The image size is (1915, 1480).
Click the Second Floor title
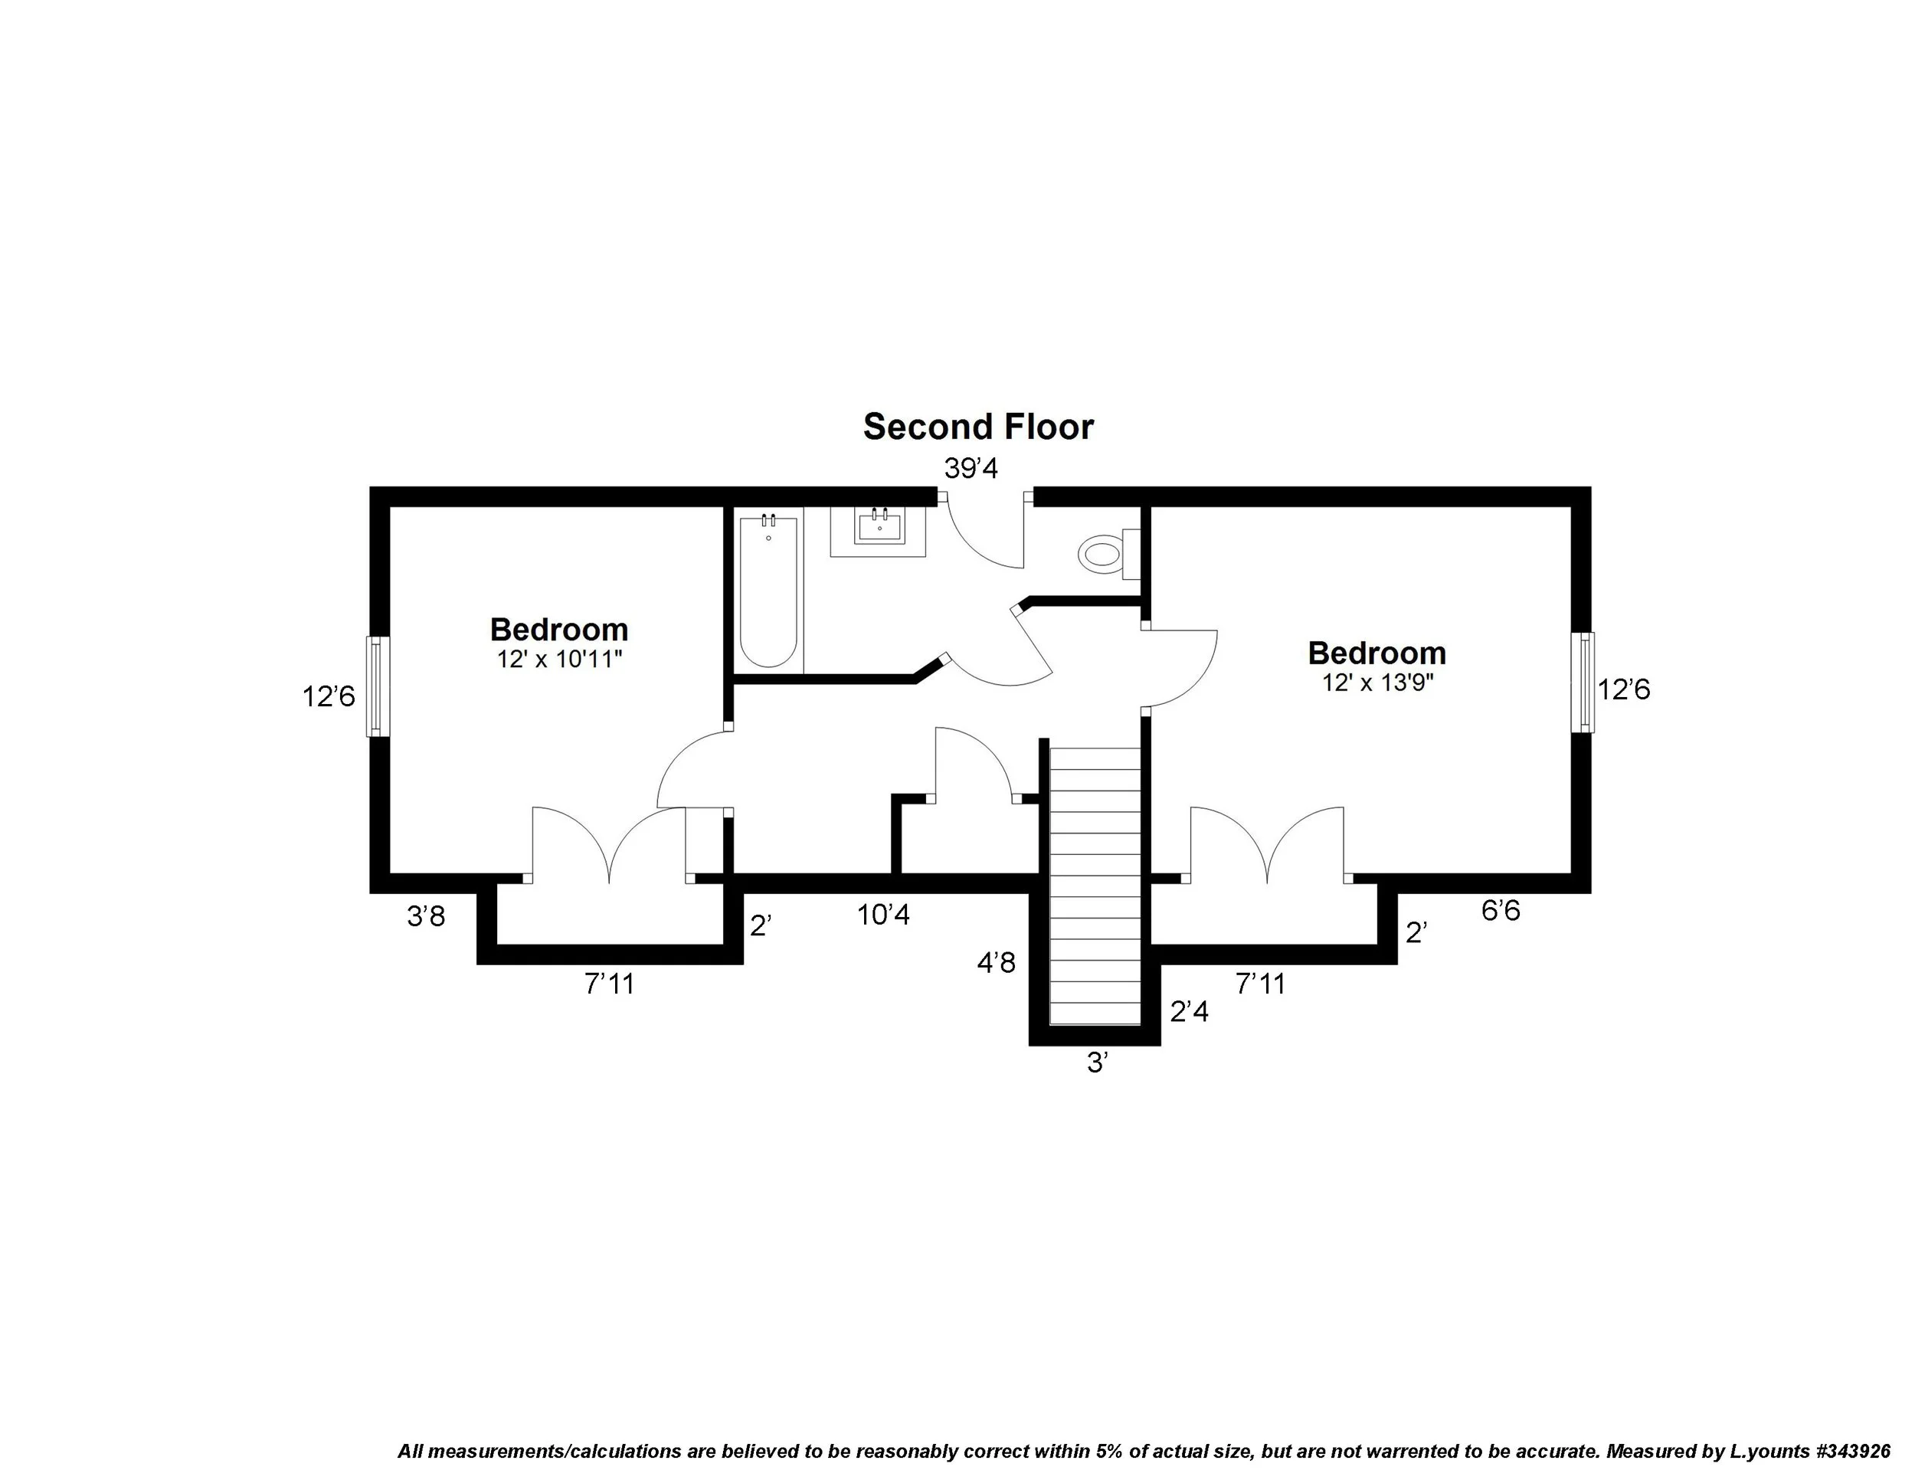pos(977,427)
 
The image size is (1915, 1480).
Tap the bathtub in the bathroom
pos(769,592)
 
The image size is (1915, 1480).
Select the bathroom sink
pos(879,528)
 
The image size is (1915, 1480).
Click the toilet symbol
pos(1102,554)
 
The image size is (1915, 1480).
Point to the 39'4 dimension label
pos(971,469)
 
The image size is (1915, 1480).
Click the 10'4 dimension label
pos(883,915)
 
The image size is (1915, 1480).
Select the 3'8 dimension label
pos(426,916)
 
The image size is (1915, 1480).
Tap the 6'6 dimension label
pos(1501,911)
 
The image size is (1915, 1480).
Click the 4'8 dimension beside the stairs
pos(996,963)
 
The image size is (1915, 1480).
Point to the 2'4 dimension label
pos(1189,1012)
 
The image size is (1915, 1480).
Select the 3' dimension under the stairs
pos(1098,1063)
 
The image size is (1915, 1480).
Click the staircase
pos(1095,886)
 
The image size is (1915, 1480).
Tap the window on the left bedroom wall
pos(376,686)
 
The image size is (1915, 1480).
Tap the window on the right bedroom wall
pos(1583,682)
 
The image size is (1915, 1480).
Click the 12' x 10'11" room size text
pos(559,660)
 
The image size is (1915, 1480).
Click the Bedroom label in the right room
pos(1377,653)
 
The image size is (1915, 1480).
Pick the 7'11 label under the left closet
pos(610,984)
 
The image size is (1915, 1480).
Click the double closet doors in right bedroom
pos(1266,846)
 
